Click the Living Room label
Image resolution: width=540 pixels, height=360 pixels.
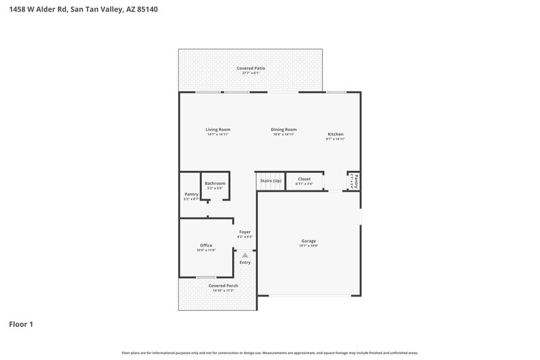pos(218,130)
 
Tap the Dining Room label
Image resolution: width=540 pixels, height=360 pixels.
pos(284,130)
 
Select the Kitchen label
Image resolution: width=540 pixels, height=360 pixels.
pos(335,134)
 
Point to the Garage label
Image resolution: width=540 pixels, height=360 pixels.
pos(308,241)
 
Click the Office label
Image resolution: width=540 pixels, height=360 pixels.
pos(206,245)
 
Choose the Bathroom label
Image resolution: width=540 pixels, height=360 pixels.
pos(215,183)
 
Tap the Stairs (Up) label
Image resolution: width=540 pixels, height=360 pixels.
pos(271,180)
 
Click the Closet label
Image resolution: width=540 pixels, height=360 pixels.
pos(304,179)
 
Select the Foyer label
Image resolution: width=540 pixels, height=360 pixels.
pos(244,232)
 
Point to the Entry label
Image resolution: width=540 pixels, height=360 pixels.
pos(244,262)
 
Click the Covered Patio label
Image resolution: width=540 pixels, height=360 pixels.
pos(250,68)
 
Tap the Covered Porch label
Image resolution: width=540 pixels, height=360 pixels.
pos(223,286)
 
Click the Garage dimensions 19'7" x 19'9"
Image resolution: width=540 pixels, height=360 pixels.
pos(308,246)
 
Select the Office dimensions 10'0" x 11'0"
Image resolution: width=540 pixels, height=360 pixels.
pos(206,251)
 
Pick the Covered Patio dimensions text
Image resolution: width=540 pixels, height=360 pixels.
pos(250,73)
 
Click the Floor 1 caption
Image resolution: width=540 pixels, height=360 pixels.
pos(21,324)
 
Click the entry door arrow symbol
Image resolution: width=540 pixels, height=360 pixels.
pos(245,255)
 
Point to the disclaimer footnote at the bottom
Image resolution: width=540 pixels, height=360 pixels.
pos(269,353)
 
